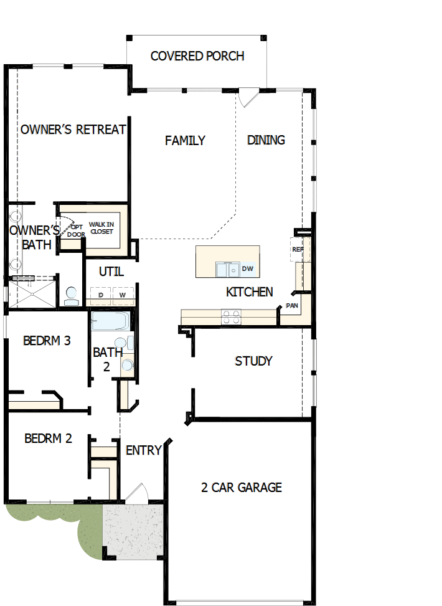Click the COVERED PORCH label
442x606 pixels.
point(197,56)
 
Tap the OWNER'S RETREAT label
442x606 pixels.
point(73,130)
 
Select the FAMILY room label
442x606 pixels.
point(185,141)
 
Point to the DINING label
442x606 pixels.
point(266,140)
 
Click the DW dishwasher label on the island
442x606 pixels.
point(247,268)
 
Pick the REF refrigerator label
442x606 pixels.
point(297,249)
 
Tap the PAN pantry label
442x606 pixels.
point(292,306)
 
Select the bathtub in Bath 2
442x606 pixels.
point(110,322)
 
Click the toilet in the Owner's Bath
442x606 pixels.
point(71,295)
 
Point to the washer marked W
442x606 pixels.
point(123,295)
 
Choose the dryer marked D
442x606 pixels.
point(100,295)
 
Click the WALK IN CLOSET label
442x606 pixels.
point(101,228)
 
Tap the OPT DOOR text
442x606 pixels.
point(76,230)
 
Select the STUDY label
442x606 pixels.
point(253,361)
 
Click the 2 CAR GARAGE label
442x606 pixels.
point(242,488)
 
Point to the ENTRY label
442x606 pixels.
point(144,450)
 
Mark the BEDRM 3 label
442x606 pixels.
point(47,341)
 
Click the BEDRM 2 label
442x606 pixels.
point(48,438)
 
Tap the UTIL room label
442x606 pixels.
point(111,272)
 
